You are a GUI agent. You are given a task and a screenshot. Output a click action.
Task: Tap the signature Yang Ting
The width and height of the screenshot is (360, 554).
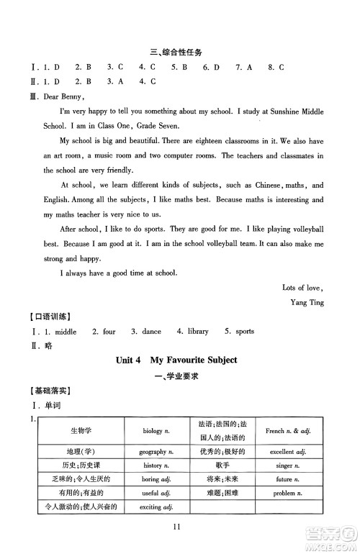click(305, 302)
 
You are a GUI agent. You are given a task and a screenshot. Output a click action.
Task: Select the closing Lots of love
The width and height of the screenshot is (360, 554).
click(303, 287)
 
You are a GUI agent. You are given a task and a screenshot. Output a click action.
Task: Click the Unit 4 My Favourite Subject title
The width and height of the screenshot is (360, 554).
click(176, 359)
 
